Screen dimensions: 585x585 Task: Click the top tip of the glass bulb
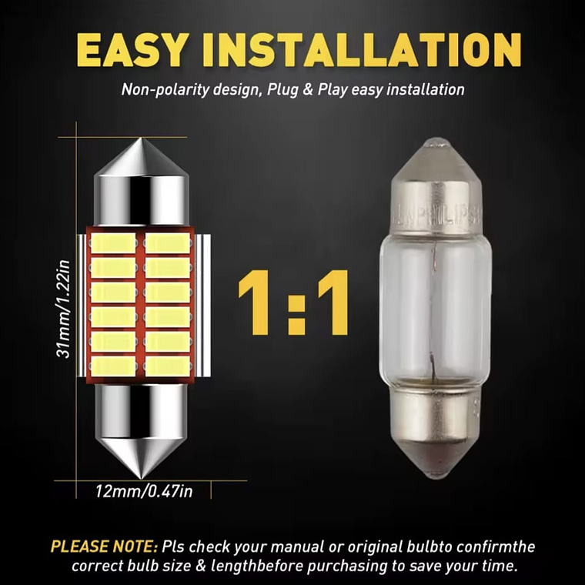point(436,144)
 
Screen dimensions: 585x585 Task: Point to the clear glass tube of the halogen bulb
point(436,308)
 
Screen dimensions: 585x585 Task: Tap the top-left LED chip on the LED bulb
point(114,243)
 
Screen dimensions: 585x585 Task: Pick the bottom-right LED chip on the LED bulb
point(168,366)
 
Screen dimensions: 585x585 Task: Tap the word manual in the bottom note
point(296,547)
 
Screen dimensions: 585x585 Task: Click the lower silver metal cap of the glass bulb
point(436,416)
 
